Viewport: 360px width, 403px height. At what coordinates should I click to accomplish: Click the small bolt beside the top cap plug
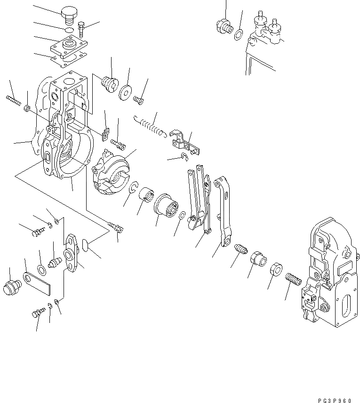coord(82,29)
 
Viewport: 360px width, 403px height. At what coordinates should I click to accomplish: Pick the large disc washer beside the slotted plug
coord(126,92)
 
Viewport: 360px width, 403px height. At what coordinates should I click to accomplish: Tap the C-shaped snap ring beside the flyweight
coord(133,189)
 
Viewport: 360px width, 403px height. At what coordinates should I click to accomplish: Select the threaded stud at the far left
coord(14,100)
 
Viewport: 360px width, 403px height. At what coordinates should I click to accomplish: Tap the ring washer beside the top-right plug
coord(239,34)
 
